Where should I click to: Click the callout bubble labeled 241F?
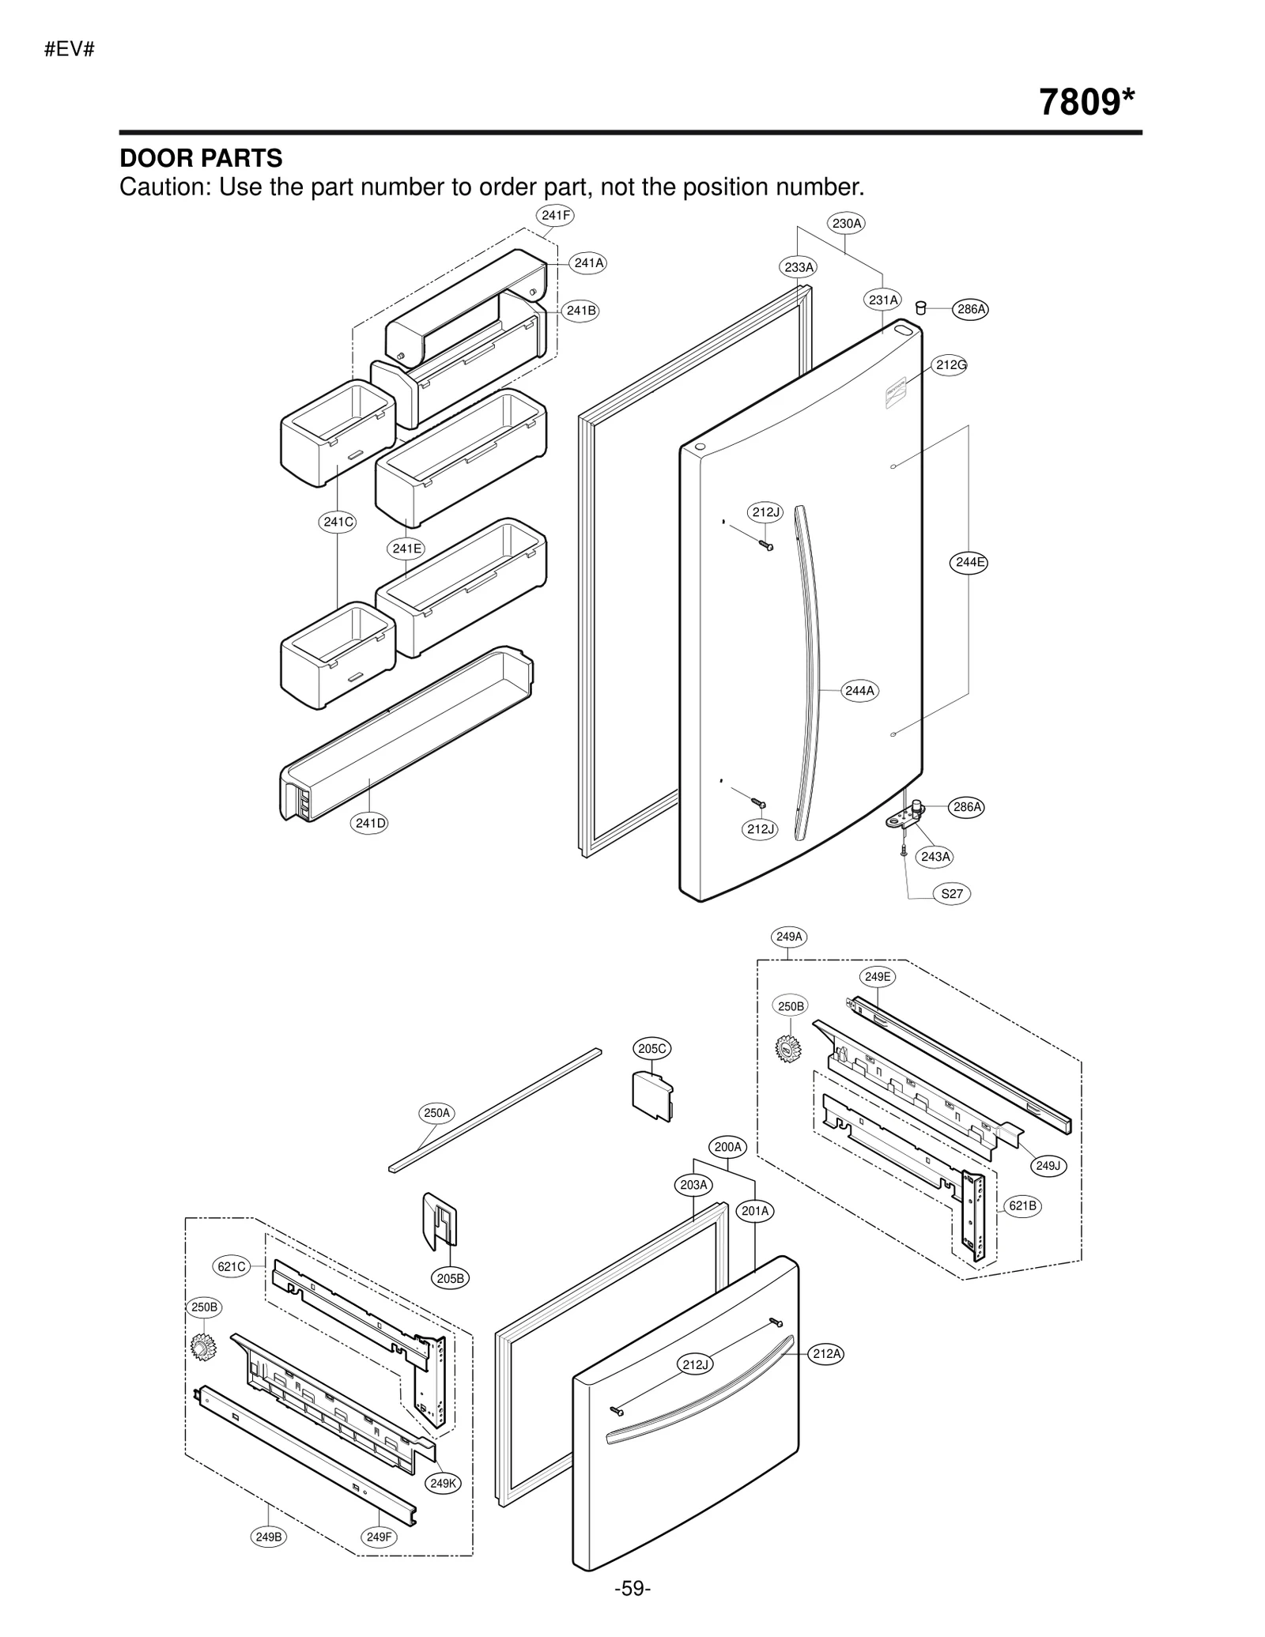555,215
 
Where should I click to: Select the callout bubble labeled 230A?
846,224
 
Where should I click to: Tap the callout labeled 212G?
951,365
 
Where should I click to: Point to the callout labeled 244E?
969,563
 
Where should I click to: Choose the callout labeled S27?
952,894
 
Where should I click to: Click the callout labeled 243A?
936,857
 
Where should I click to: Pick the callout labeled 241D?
370,823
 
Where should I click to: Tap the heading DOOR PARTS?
201,158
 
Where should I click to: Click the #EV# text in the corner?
70,49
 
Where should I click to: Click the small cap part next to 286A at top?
921,307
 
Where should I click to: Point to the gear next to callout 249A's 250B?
788,1049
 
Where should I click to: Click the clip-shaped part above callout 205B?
440,1220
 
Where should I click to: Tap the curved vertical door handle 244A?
807,672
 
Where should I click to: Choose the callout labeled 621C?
232,1266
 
